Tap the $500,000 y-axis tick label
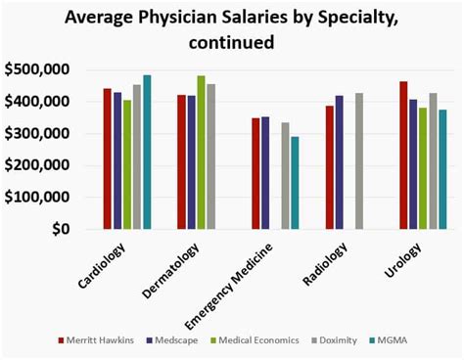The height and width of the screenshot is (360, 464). (38, 69)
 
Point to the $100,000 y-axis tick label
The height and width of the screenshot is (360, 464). (38, 197)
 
